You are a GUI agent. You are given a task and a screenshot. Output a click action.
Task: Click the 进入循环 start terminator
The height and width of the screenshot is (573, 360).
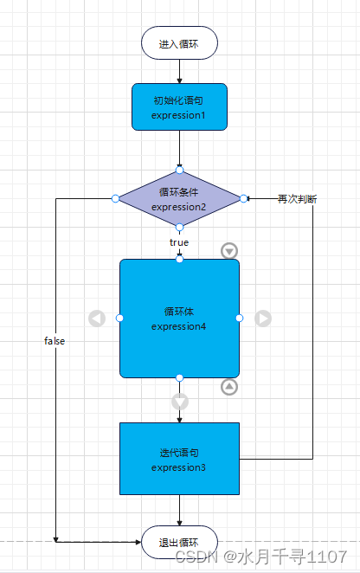(179, 43)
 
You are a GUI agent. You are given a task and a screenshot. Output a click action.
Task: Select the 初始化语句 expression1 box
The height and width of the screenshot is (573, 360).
(179, 106)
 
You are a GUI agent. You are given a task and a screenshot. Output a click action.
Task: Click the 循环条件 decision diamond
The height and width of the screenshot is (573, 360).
(179, 198)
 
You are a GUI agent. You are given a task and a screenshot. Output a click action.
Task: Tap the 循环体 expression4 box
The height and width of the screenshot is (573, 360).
(179, 319)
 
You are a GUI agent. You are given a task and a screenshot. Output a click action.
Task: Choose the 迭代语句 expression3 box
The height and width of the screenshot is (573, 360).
(179, 460)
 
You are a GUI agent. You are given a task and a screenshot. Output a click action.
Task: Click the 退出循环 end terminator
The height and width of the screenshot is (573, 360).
(179, 542)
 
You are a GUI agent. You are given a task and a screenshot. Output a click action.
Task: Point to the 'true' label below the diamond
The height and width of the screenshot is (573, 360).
(179, 242)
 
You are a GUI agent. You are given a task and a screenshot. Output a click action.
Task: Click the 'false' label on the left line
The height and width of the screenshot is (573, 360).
(55, 341)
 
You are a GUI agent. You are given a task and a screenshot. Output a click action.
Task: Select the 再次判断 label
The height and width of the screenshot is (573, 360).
(297, 199)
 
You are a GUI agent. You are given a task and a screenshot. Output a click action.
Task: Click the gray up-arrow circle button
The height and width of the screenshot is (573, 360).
(229, 386)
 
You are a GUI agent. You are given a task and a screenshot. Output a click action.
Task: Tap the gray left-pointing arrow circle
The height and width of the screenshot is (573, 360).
(97, 319)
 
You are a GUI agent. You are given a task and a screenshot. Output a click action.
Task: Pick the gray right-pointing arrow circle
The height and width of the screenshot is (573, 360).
(263, 319)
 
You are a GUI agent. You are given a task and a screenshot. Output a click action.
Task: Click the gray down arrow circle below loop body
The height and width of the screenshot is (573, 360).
(180, 402)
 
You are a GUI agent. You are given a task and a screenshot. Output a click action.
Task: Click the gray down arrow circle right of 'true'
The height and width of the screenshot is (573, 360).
(229, 250)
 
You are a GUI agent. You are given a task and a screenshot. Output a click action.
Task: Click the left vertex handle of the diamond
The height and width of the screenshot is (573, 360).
(115, 199)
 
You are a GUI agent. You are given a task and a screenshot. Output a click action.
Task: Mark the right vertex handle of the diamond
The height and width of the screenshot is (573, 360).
(244, 199)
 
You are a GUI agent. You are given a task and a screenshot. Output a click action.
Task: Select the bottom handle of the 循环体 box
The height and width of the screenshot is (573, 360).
(179, 378)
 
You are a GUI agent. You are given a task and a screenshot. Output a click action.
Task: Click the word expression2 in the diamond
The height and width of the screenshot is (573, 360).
(179, 208)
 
